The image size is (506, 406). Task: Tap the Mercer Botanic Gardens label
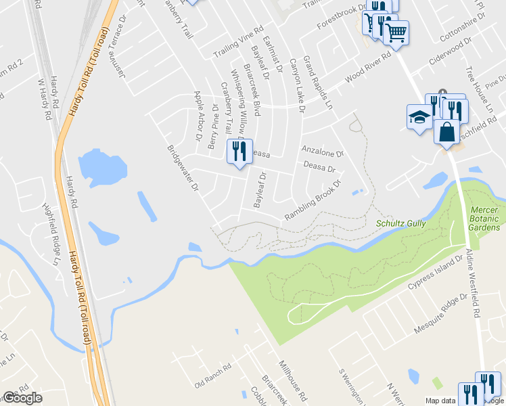click(485, 219)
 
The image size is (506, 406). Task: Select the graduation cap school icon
click(419, 117)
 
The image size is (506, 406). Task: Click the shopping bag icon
click(447, 132)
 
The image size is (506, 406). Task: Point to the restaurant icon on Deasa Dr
click(239, 152)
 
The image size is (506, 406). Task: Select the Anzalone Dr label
click(323, 153)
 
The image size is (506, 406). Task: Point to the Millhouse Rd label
click(293, 380)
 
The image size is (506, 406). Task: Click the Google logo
click(22, 398)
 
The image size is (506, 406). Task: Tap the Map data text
click(440, 401)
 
